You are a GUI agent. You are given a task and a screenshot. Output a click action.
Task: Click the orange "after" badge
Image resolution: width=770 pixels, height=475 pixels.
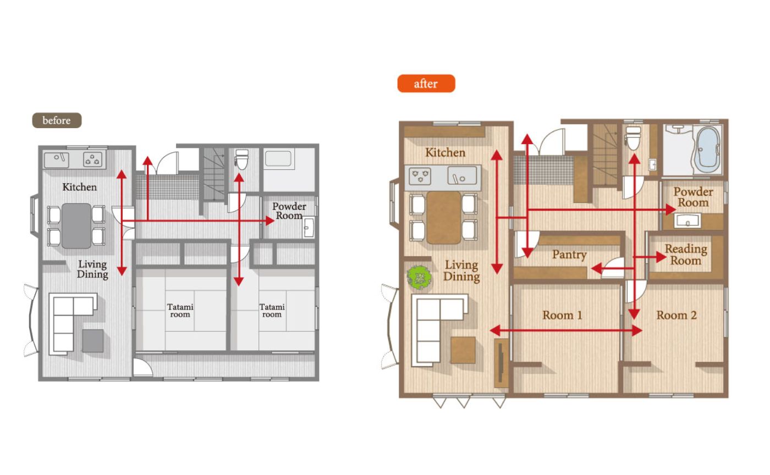(x=426, y=84)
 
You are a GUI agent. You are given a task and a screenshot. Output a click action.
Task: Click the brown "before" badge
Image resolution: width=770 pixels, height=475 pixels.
(x=57, y=120)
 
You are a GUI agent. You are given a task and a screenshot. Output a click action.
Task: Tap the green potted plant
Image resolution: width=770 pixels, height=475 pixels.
(x=419, y=277)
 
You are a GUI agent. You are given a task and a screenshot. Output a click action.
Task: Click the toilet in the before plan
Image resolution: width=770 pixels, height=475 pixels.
(x=241, y=159)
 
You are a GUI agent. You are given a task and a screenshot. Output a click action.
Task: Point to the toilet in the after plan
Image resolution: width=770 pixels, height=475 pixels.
(x=633, y=138)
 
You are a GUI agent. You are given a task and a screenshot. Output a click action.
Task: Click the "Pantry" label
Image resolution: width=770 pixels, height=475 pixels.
(x=569, y=255)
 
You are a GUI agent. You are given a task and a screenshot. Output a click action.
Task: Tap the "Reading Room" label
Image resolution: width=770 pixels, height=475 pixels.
(x=686, y=255)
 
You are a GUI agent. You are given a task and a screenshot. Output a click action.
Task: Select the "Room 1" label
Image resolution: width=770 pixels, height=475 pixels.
(x=562, y=315)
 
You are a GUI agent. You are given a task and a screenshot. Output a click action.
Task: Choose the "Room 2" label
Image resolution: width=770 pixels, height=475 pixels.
(x=676, y=315)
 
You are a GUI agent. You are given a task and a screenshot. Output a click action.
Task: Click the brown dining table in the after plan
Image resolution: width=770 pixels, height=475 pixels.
(x=443, y=218)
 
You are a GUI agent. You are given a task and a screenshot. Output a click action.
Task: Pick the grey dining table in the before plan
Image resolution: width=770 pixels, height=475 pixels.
(x=76, y=225)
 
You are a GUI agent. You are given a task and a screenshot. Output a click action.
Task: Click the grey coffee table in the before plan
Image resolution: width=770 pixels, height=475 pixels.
(x=93, y=341)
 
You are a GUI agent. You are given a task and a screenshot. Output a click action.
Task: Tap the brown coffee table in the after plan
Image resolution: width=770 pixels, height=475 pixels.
(x=463, y=350)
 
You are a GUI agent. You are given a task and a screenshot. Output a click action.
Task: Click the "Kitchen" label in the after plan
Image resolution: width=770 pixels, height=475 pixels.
(x=445, y=153)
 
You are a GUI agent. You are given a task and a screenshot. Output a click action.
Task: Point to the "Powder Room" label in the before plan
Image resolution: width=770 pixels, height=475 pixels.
(x=289, y=211)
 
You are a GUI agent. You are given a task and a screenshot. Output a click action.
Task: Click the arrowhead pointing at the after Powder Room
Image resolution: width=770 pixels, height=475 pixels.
(x=670, y=209)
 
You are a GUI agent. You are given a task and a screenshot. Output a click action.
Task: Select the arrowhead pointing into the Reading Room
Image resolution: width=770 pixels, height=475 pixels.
(x=661, y=257)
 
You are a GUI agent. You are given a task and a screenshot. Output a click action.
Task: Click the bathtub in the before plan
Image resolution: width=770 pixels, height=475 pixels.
(x=278, y=159)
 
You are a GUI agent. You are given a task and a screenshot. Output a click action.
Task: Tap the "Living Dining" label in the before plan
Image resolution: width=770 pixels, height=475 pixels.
(x=92, y=269)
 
